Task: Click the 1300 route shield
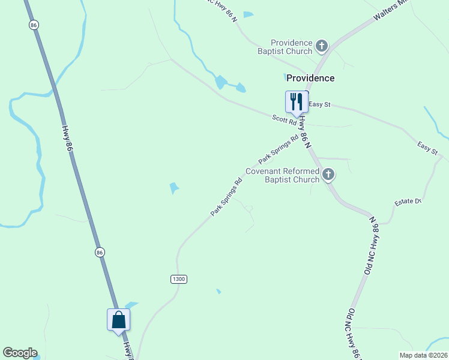179,279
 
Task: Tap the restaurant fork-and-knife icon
296,102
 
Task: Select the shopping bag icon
119,319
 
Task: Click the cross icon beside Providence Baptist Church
322,46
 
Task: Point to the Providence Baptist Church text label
292,47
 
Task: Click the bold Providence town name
310,78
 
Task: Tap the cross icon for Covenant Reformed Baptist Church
328,175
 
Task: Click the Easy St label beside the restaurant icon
319,105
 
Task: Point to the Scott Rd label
285,121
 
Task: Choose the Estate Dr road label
408,202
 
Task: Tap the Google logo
20,353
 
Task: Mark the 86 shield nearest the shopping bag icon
100,253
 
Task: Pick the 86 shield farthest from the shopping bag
34,25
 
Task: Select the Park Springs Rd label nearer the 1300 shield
226,196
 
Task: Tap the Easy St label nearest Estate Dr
428,148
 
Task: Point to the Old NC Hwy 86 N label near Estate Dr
373,245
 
